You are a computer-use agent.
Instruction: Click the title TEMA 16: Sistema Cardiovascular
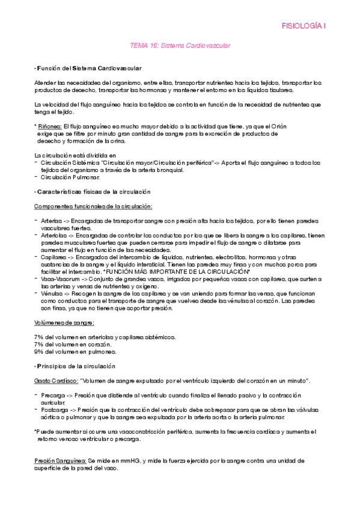(x=180, y=45)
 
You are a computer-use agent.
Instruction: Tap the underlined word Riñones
(x=49, y=126)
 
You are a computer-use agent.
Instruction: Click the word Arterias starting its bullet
(x=52, y=221)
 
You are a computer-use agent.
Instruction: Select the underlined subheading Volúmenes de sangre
(x=65, y=322)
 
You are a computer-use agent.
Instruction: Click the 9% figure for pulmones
(x=38, y=352)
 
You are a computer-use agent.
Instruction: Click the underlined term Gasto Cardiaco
(x=56, y=381)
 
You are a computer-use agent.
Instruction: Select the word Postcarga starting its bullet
(x=56, y=410)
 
